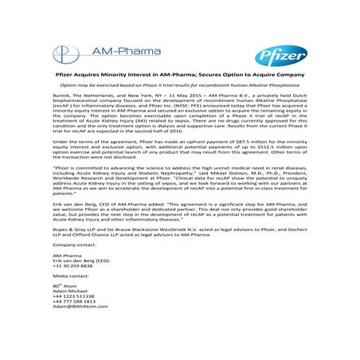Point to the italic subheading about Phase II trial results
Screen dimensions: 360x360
coord(179,104)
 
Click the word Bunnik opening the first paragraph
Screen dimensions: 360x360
coord(60,117)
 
